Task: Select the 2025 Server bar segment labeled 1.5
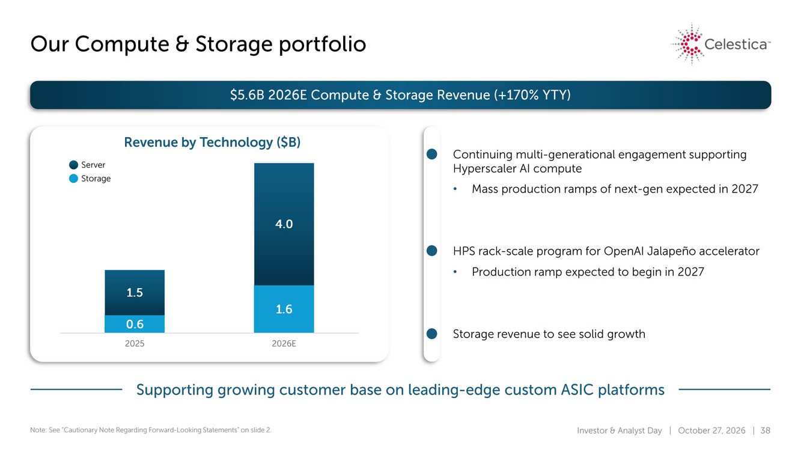(135, 292)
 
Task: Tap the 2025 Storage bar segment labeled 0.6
(135, 324)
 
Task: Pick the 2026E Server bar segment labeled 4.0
(284, 224)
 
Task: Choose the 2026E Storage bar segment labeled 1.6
(284, 309)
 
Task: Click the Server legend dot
(74, 165)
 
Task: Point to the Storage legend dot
(74, 178)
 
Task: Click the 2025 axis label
(135, 343)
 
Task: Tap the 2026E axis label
(284, 343)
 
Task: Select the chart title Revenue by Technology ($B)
(212, 143)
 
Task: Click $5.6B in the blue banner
(247, 95)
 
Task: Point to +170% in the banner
(516, 95)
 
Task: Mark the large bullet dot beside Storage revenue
(432, 334)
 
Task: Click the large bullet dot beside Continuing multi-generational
(432, 155)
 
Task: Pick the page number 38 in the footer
(765, 430)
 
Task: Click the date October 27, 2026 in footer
(711, 430)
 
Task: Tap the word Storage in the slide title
(234, 44)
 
